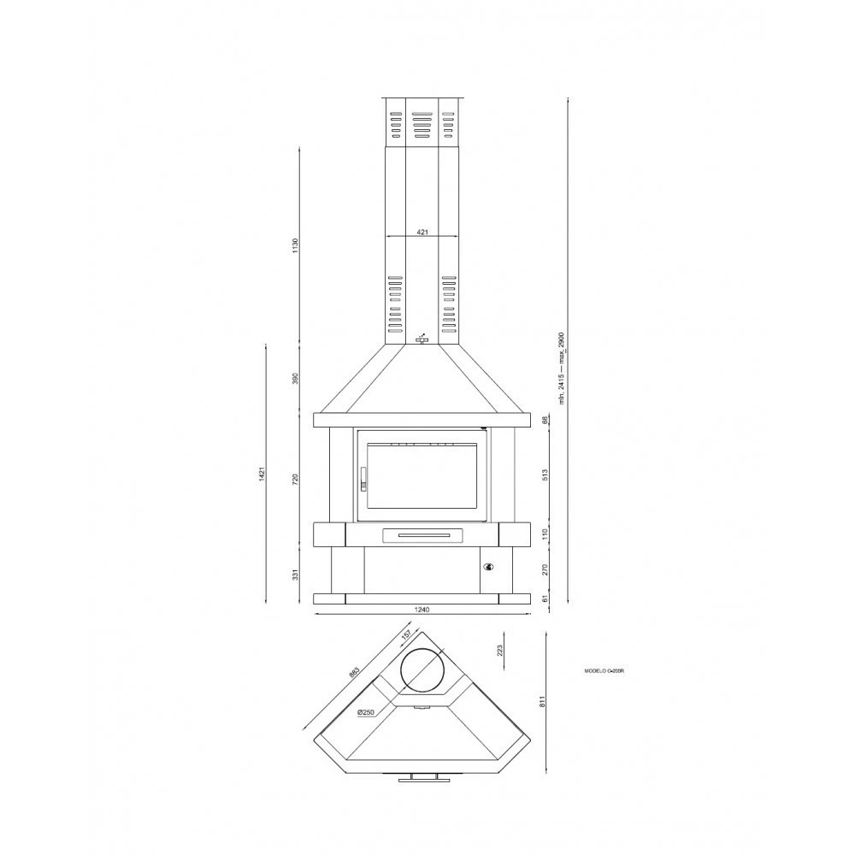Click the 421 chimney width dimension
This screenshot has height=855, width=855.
(x=422, y=232)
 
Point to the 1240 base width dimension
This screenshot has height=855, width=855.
(x=421, y=610)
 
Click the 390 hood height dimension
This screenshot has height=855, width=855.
(x=295, y=378)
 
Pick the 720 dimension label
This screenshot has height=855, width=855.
(x=295, y=479)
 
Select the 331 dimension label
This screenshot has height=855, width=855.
(x=295, y=575)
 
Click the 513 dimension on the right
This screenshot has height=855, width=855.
(x=545, y=475)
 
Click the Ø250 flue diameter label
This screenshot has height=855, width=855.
(x=367, y=711)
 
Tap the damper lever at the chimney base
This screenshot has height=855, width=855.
(x=422, y=339)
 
